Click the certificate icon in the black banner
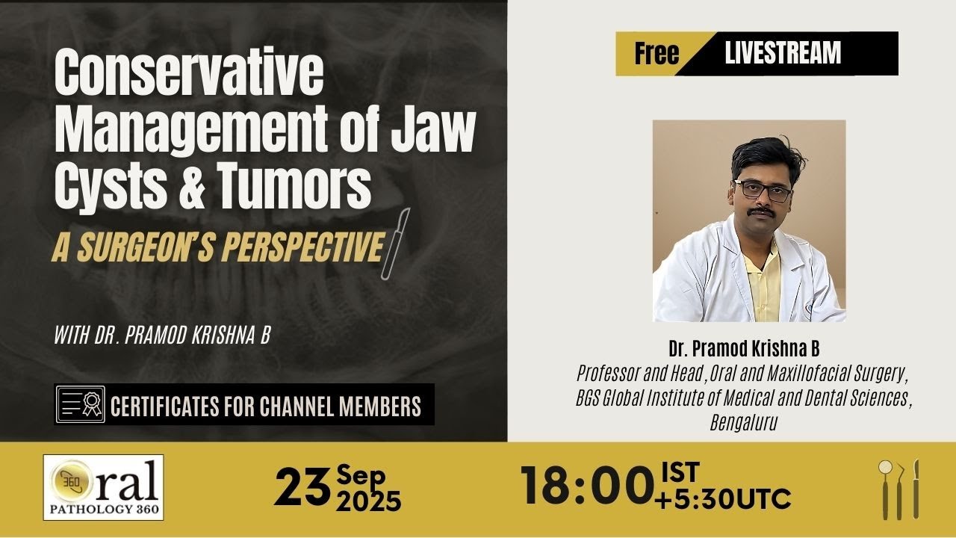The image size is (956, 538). [x=80, y=405]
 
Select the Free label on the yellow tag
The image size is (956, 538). [x=657, y=53]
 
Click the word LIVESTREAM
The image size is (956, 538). [x=783, y=53]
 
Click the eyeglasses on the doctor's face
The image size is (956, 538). [x=763, y=190]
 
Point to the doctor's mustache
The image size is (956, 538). [x=762, y=212]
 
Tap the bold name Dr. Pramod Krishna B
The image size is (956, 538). [x=745, y=349]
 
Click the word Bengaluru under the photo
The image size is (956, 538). [x=744, y=424]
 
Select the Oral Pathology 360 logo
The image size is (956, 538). [x=103, y=487]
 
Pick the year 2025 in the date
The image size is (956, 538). [x=368, y=501]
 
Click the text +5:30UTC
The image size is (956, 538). [x=722, y=498]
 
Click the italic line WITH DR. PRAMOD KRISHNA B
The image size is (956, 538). [x=161, y=335]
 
